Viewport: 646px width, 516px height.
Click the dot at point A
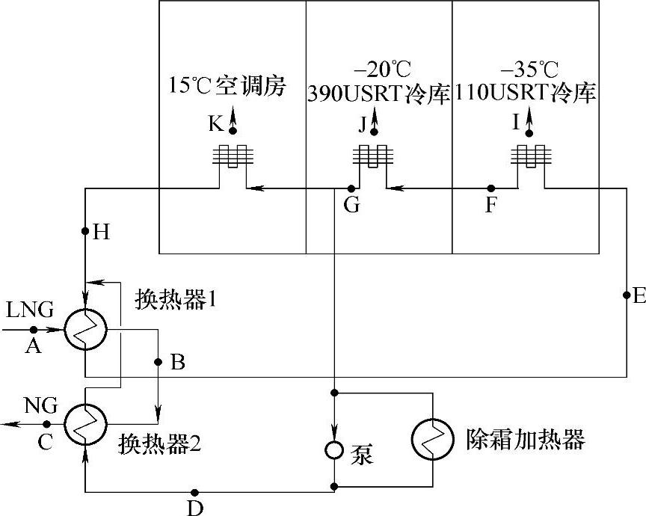(x=34, y=329)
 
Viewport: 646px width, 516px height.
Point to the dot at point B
(x=158, y=362)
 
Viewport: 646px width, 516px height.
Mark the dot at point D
(x=194, y=492)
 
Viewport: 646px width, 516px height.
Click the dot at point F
(x=490, y=188)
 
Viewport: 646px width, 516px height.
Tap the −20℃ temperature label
(x=383, y=71)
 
